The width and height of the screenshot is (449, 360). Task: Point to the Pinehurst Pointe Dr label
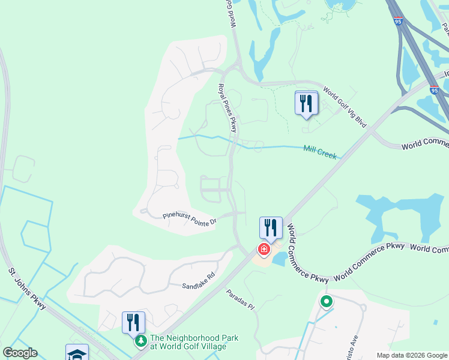189,219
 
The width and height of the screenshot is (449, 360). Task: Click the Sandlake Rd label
199,286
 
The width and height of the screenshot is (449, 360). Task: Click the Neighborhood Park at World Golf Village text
194,343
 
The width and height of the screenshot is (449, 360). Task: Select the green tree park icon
140,341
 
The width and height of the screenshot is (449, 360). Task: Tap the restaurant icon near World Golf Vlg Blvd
306,103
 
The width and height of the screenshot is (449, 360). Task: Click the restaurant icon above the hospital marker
270,228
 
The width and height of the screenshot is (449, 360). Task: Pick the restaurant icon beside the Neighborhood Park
133,322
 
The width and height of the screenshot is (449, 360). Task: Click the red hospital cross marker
264,248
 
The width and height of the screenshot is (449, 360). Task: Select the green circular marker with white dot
327,302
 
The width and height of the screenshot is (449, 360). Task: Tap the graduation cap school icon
77,353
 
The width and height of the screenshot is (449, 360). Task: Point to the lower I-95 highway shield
435,90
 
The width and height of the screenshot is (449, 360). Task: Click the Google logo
20,353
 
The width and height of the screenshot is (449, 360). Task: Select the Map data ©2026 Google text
411,355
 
